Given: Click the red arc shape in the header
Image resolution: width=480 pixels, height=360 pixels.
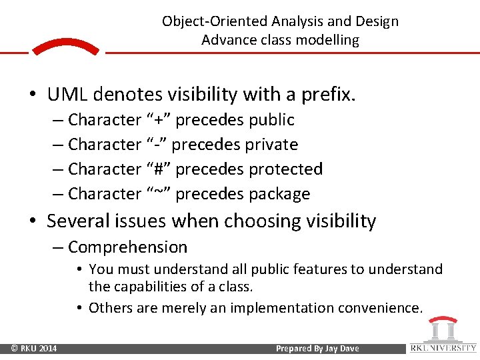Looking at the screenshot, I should pyautogui.click(x=66, y=46).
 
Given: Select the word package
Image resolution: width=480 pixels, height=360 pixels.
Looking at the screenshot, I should pyautogui.click(x=279, y=195).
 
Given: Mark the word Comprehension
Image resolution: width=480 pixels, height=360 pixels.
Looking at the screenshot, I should pyautogui.click(x=128, y=247).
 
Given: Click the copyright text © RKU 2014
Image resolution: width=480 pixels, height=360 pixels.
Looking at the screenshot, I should pyautogui.click(x=33, y=348).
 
